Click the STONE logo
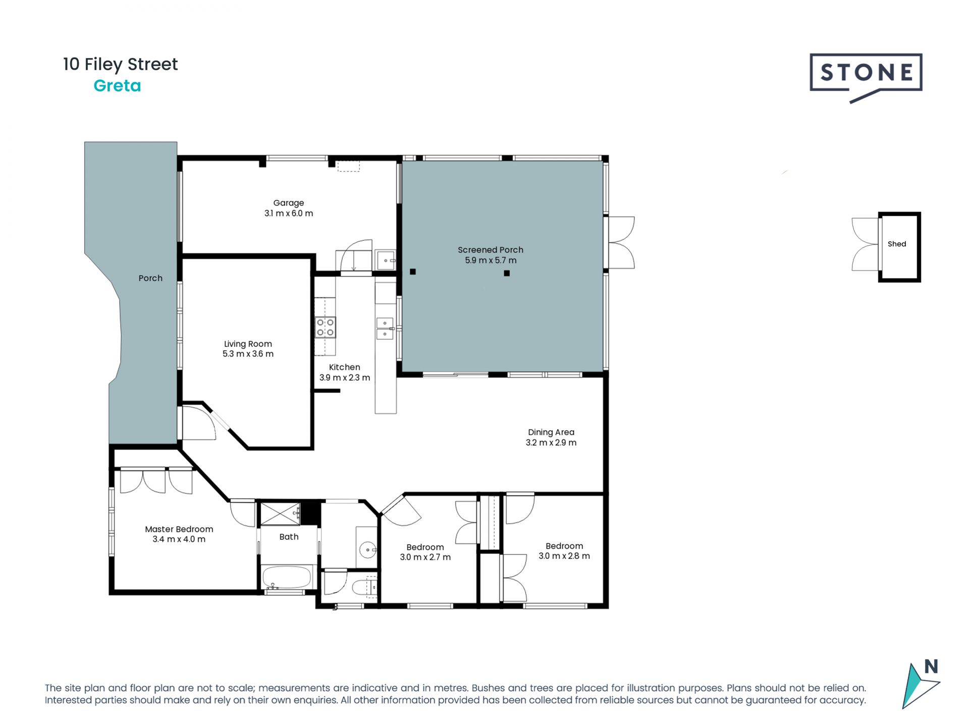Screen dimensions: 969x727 coord(866,77)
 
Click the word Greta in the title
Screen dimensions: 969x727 coord(117,86)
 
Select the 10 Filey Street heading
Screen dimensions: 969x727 coord(120,65)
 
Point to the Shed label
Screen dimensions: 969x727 coord(897,244)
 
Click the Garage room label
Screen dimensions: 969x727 coord(289,202)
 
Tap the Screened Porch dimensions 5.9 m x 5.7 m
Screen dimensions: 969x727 coord(491,261)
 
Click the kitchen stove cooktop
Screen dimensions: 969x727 coord(325,327)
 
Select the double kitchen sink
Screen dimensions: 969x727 coord(385,328)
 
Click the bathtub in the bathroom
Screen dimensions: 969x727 coord(287,577)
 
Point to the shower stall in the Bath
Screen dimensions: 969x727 coord(280,513)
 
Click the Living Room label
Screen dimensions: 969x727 coord(248,344)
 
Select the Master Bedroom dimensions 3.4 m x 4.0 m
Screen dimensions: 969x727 coord(179,539)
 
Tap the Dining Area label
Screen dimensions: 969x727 coord(551,432)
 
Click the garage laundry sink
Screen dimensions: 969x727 coord(385,260)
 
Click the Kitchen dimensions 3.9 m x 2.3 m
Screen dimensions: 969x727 coord(345,378)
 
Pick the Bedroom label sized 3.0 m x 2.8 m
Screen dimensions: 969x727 coord(564,546)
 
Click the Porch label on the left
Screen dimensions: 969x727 coord(150,278)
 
